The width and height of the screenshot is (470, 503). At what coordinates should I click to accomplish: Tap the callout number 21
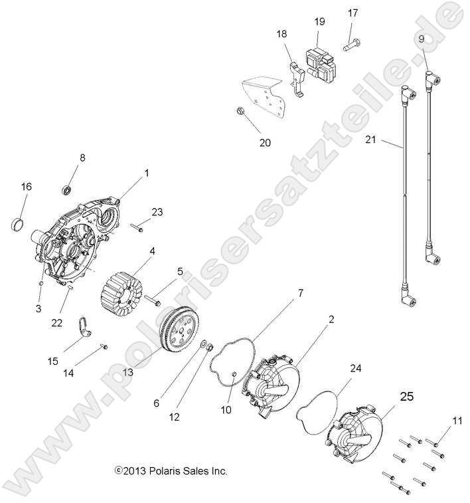click(370, 140)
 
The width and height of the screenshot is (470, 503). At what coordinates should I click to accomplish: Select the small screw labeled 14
click(104, 346)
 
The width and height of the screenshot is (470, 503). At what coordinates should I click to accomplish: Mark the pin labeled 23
click(137, 228)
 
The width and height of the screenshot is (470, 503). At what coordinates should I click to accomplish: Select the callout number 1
click(147, 173)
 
